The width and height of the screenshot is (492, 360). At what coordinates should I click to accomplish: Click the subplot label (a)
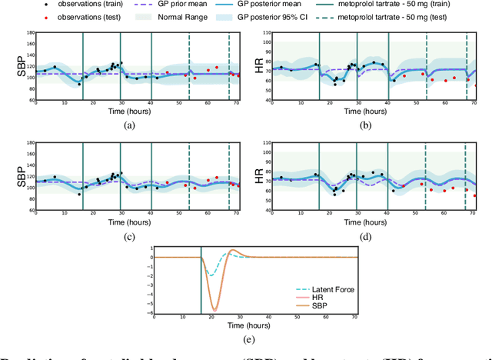pyautogui.click(x=129, y=125)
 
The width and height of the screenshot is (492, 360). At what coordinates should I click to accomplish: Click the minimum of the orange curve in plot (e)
pyautogui.click(x=214, y=309)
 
